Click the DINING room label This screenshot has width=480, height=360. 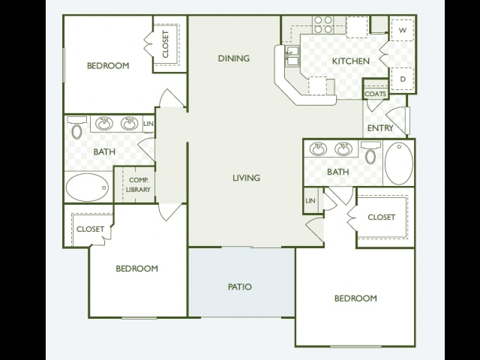coord(234,58)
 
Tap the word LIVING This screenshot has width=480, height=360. coord(247,178)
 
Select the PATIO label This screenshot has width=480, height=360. coord(240,286)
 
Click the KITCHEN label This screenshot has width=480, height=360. coord(351,61)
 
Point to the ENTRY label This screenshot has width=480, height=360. coord(380,128)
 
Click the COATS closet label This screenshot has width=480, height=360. coord(376,94)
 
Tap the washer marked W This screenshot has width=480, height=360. coord(403,30)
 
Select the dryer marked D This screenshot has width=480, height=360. coord(403,79)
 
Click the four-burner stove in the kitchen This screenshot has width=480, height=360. coord(323,25)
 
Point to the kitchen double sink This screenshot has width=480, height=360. coord(292,56)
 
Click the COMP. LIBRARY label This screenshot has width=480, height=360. coord(138,185)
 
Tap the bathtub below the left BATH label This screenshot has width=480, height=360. coord(87,187)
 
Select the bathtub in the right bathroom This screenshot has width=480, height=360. coord(398,163)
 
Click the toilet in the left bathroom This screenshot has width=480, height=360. coord(76,127)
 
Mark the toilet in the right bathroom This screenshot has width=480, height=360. coord(370,152)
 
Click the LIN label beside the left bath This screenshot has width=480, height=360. coord(148,124)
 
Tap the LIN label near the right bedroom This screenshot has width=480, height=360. coord(310,201)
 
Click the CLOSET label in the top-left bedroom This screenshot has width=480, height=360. coord(166,44)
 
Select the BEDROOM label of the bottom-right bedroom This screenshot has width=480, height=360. coord(355,298)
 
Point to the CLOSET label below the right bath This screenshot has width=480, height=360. coord(382,217)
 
